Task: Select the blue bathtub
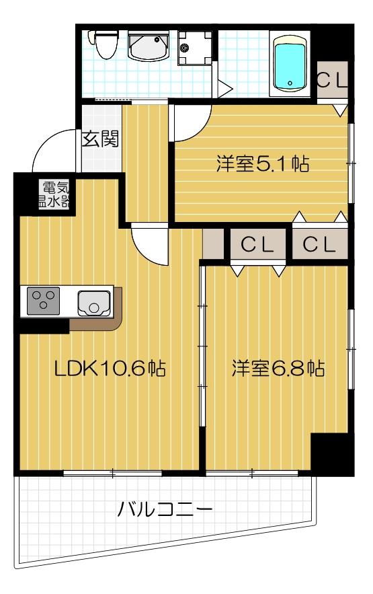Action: pyautogui.click(x=290, y=64)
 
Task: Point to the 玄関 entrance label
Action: pyautogui.click(x=100, y=139)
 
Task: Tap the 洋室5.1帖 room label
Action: pyautogui.click(x=262, y=163)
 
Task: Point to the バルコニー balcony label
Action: pyautogui.click(x=165, y=507)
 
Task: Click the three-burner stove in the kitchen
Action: pyautogui.click(x=44, y=301)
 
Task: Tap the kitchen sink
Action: pyautogui.click(x=94, y=303)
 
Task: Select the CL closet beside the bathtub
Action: pyautogui.click(x=332, y=81)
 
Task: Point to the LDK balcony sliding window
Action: pyautogui.click(x=112, y=474)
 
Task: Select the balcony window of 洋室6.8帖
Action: pyautogui.click(x=251, y=474)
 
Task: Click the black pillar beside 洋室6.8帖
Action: pyautogui.click(x=331, y=454)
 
